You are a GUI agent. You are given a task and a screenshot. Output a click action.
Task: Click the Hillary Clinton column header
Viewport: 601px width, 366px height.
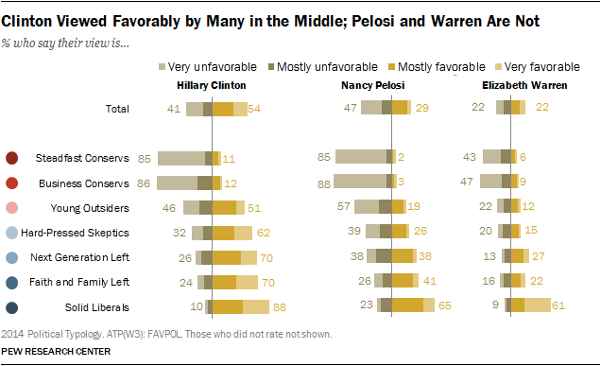[x=213, y=85]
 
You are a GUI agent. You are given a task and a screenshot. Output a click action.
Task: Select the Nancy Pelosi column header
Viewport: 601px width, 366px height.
[x=372, y=85]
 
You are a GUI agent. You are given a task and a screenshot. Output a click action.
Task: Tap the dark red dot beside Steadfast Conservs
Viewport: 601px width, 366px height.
[x=12, y=158]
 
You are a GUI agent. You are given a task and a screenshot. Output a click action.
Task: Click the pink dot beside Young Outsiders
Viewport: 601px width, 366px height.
[x=12, y=207]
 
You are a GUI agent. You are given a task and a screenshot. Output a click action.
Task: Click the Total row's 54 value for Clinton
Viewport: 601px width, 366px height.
[x=253, y=109]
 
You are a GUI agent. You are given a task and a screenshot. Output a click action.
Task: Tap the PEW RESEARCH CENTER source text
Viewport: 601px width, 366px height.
[x=57, y=352]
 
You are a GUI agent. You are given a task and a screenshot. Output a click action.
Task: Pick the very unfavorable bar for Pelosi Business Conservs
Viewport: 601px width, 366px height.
[x=361, y=183]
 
